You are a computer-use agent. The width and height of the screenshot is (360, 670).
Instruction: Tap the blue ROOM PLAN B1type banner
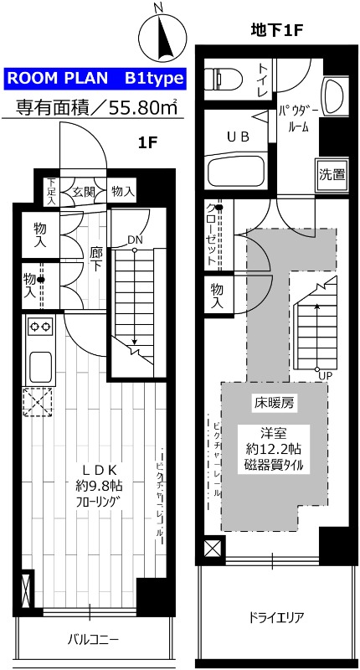(94, 79)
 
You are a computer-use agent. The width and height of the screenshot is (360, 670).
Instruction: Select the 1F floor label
(147, 142)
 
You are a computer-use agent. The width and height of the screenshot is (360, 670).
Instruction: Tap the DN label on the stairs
(134, 240)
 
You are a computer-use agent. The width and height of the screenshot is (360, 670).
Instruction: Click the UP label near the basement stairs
(324, 374)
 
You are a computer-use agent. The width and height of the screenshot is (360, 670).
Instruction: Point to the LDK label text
(97, 469)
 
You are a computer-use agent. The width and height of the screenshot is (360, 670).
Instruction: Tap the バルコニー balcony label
(93, 640)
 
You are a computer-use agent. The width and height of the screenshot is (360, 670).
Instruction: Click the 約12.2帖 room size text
(274, 449)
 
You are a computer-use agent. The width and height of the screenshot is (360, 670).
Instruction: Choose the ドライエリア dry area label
(275, 619)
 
